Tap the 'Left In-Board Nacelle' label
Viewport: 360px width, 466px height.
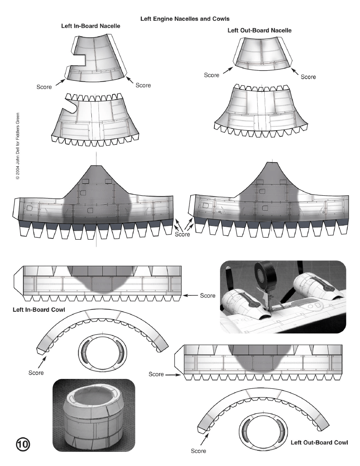91,26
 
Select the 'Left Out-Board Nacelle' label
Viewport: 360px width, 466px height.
259,30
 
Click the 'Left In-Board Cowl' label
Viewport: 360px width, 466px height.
39,309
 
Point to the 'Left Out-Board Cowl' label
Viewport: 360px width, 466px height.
319,442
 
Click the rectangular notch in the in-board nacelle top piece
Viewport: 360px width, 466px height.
77,60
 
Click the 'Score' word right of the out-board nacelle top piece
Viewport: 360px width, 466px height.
308,77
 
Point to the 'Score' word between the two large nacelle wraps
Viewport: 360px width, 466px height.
182,235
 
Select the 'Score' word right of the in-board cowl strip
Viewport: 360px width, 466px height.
208,295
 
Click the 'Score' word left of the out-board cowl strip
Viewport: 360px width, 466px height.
156,374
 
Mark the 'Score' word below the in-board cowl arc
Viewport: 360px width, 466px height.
36,373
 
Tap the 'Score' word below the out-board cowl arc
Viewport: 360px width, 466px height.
198,451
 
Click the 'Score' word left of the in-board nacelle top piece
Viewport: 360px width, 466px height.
44,87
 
